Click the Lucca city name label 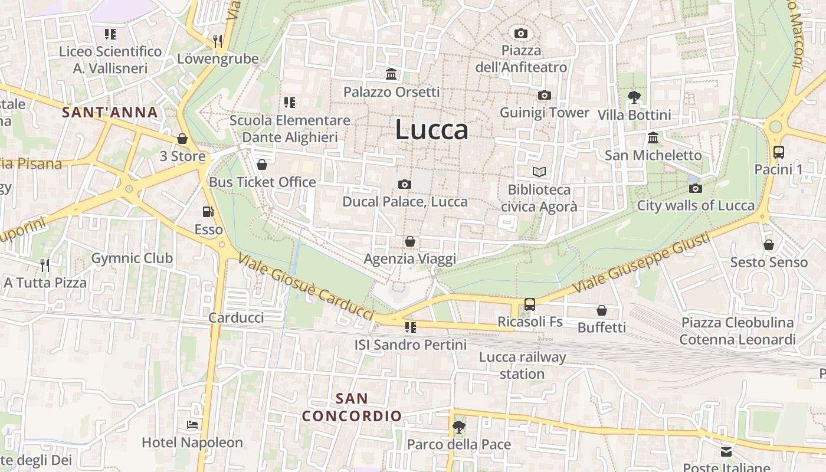[432, 130]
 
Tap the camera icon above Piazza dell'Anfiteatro [520, 33]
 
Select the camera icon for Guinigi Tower [544, 95]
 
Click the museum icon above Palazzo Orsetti [391, 74]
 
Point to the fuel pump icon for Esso [208, 211]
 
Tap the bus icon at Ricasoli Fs [530, 304]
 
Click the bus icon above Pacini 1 [778, 152]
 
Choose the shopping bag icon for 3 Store [182, 139]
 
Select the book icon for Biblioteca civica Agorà [539, 172]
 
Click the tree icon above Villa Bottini [634, 97]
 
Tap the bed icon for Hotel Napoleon [192, 424]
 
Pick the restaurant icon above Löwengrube [218, 41]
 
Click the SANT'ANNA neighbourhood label [110, 112]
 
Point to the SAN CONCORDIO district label [352, 407]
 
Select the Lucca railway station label [522, 365]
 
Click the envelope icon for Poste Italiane [726, 452]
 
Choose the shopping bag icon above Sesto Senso [768, 244]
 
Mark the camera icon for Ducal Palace [405, 184]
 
